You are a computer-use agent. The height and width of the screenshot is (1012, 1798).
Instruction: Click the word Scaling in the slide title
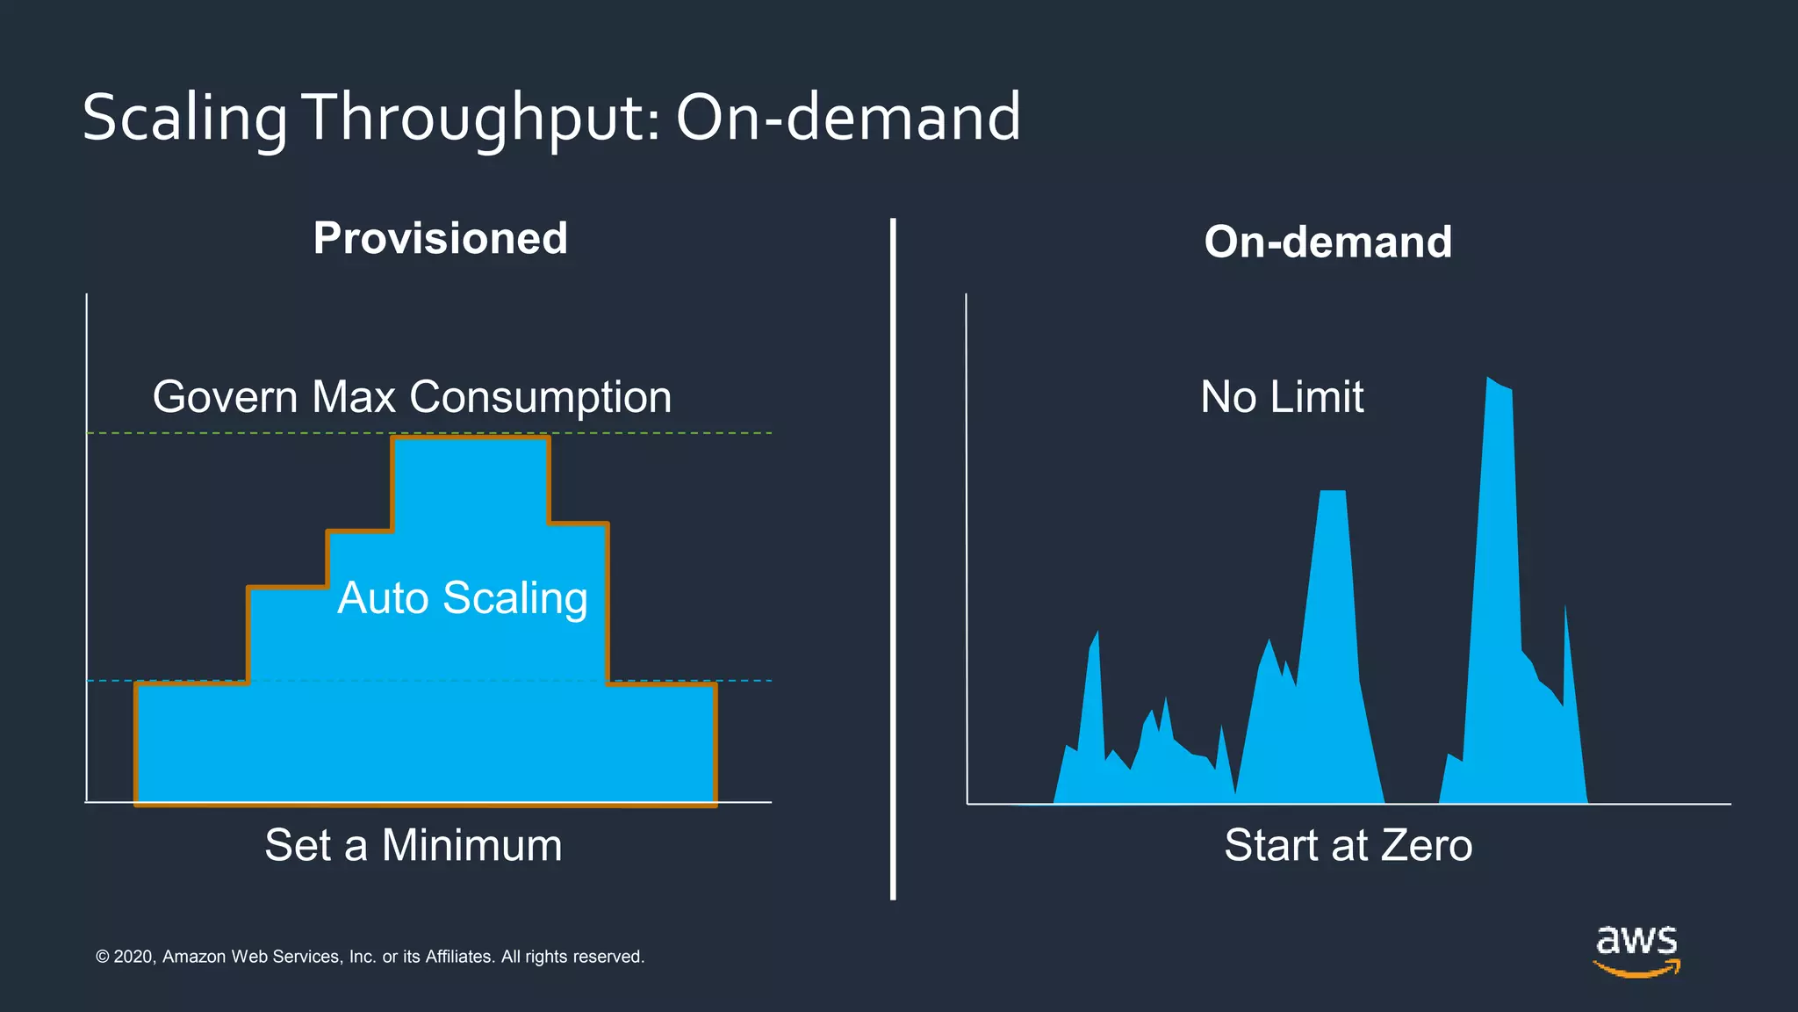point(184,118)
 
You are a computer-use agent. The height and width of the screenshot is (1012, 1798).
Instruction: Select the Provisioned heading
point(441,238)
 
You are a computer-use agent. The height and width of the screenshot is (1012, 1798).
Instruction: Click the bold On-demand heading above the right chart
point(1327,242)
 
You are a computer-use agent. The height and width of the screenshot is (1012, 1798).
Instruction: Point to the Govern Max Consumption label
point(412,397)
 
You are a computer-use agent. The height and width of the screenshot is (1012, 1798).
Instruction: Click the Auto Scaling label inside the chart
point(463,598)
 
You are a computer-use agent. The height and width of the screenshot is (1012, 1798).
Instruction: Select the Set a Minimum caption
point(414,845)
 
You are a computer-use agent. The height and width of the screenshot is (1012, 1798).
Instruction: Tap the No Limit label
point(1282,397)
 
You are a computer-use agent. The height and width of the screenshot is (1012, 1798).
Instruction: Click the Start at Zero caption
point(1348,845)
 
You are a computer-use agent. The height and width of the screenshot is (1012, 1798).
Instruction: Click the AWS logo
point(1636,951)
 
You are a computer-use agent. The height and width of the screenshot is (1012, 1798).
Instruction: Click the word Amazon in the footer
point(193,957)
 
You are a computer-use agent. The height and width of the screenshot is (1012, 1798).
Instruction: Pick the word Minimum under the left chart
point(471,845)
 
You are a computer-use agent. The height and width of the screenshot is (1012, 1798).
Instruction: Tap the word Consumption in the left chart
point(541,397)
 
